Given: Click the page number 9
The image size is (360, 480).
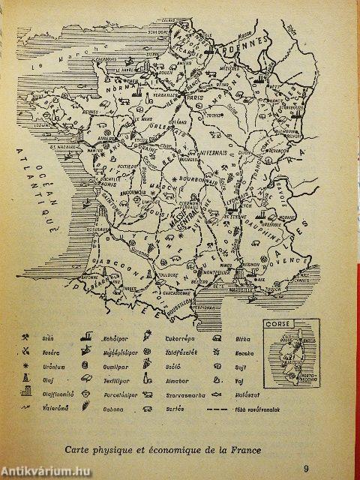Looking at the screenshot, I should [x=306, y=450].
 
